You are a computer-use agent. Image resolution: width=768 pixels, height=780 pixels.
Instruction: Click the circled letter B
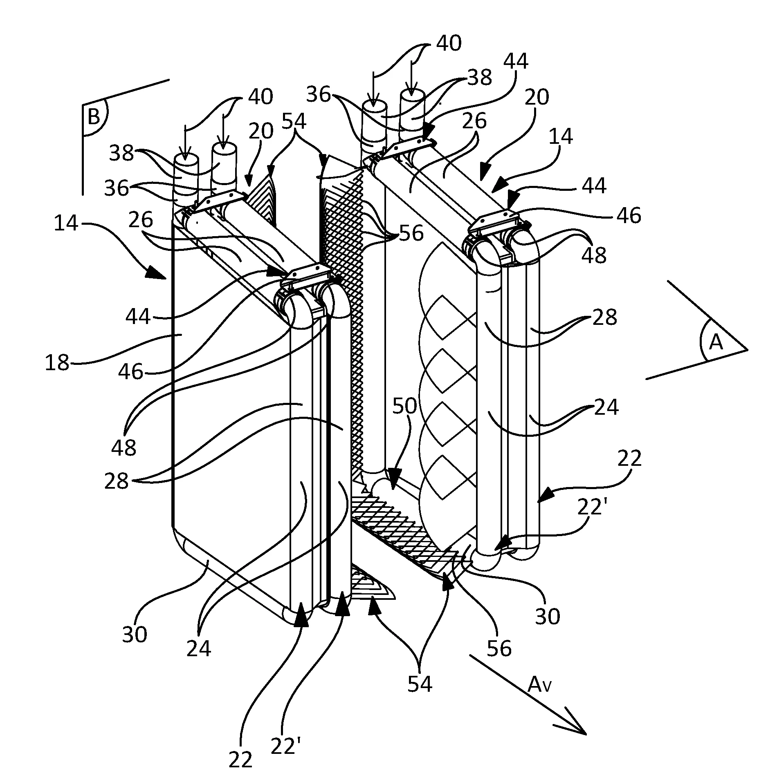coord(94,117)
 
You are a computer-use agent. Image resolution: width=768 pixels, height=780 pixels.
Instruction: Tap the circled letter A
coord(716,343)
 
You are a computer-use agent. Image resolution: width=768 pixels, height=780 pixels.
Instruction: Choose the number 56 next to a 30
coord(499,648)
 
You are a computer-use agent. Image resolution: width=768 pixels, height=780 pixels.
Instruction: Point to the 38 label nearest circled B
coord(122,154)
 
